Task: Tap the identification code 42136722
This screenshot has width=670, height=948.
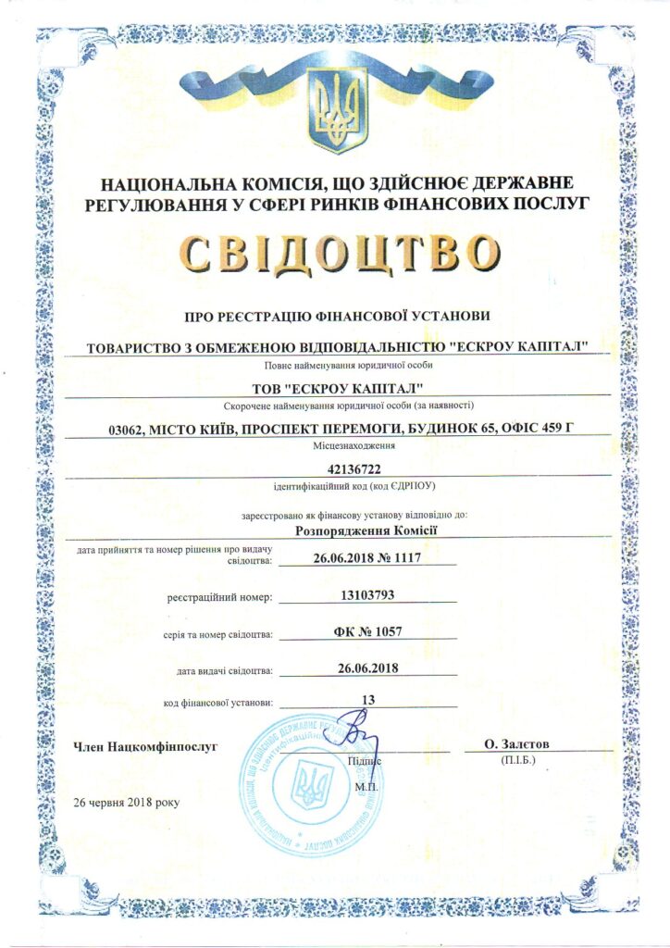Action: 336,468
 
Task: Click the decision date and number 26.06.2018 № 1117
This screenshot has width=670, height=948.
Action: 367,557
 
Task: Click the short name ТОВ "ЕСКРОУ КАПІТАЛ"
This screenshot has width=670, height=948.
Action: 335,386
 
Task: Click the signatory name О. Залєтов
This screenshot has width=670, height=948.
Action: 516,743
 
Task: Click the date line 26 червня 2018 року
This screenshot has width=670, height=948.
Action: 127,802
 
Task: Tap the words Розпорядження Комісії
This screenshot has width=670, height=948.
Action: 366,530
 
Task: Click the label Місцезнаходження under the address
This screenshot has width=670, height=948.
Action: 335,445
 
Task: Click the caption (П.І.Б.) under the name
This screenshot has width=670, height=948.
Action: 516,760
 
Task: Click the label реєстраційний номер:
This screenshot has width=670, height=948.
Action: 219,598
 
